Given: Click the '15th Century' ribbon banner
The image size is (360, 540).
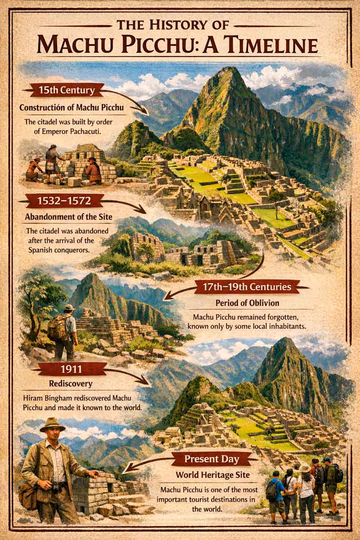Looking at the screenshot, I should click(x=67, y=90).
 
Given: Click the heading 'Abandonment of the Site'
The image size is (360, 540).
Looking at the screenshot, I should click(x=66, y=217).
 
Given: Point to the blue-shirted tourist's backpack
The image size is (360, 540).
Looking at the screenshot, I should click(x=272, y=490).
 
